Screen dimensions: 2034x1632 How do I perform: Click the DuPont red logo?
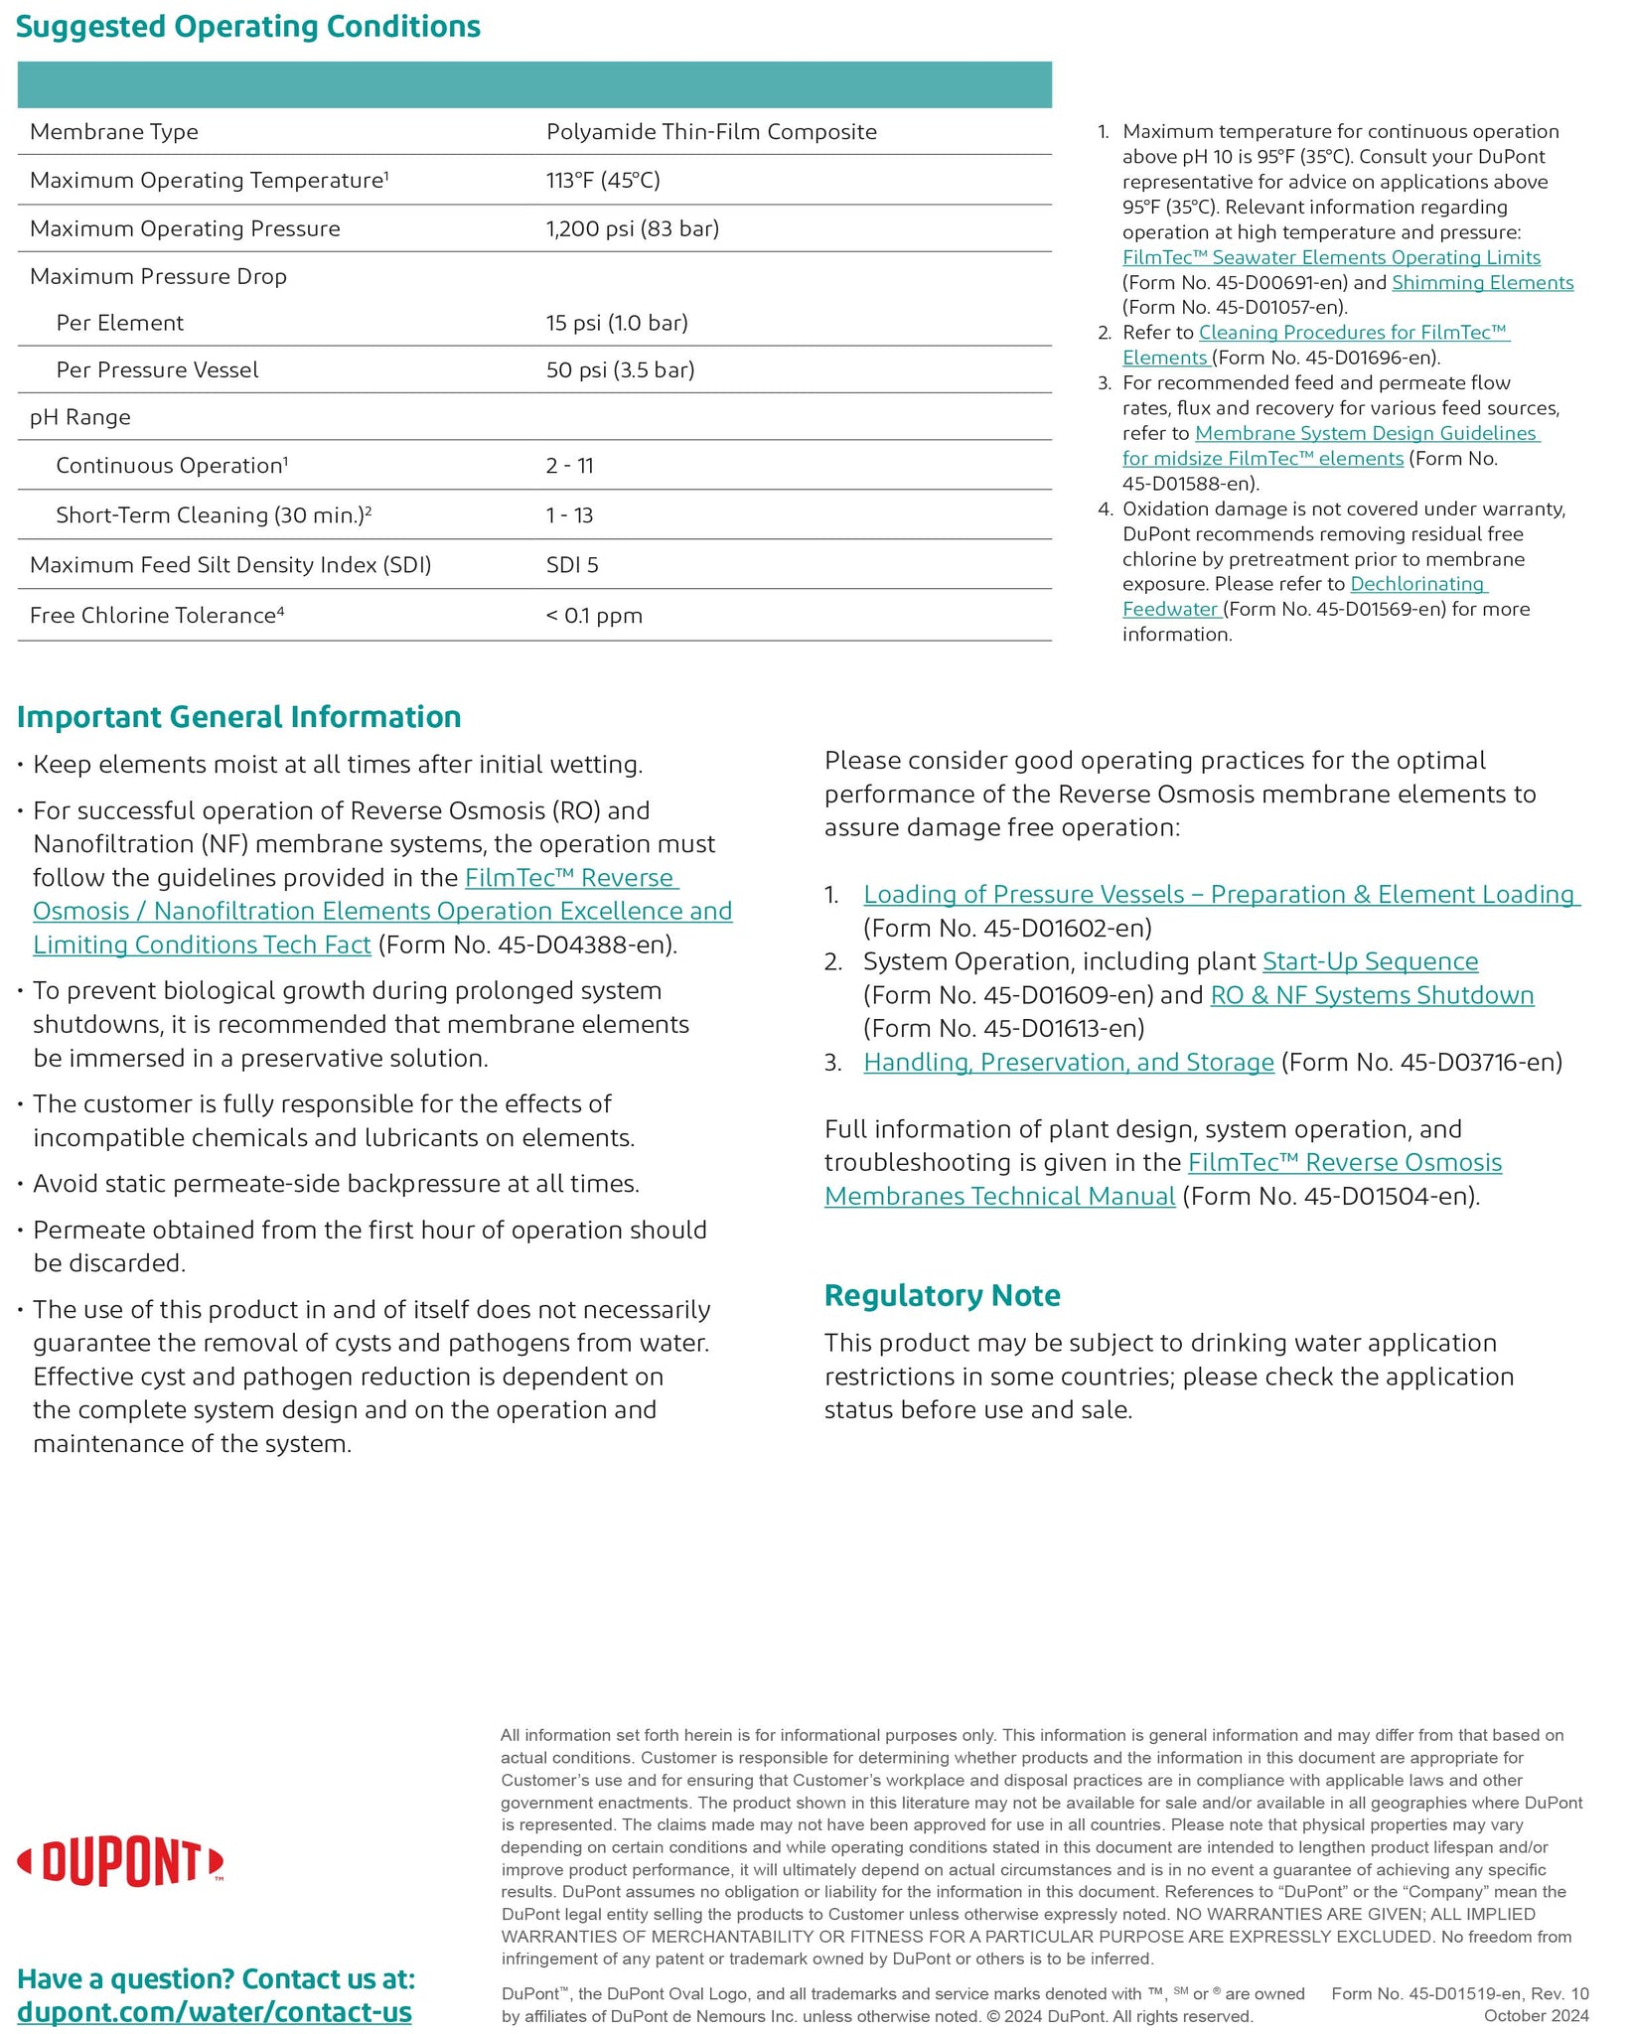(x=120, y=1862)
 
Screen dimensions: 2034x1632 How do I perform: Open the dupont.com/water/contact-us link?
(x=215, y=2013)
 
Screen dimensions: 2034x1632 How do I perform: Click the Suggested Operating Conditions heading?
(x=248, y=27)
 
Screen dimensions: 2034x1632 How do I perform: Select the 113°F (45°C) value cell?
(x=603, y=180)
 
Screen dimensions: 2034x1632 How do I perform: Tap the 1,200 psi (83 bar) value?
(x=633, y=228)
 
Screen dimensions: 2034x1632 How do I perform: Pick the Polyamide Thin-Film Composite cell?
(x=711, y=132)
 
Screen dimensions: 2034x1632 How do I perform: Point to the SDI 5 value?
(x=572, y=565)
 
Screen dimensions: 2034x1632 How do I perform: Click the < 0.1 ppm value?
(x=594, y=616)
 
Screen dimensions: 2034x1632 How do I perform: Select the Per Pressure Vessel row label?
(x=157, y=369)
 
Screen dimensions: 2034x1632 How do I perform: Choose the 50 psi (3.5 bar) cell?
(x=620, y=369)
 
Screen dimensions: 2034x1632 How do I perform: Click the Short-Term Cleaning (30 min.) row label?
(x=214, y=514)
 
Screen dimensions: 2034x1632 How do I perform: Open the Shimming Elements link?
(x=1482, y=283)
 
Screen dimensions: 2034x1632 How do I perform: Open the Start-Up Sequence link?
(x=1370, y=961)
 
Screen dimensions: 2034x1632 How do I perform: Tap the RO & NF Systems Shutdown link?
(x=1372, y=995)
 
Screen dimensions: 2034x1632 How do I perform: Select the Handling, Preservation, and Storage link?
(x=1068, y=1063)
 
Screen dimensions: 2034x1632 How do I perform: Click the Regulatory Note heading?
(x=942, y=1295)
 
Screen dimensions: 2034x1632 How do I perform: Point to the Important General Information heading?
(x=239, y=717)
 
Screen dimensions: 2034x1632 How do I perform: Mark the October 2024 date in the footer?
(x=1536, y=2015)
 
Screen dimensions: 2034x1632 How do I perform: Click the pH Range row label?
(x=80, y=417)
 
